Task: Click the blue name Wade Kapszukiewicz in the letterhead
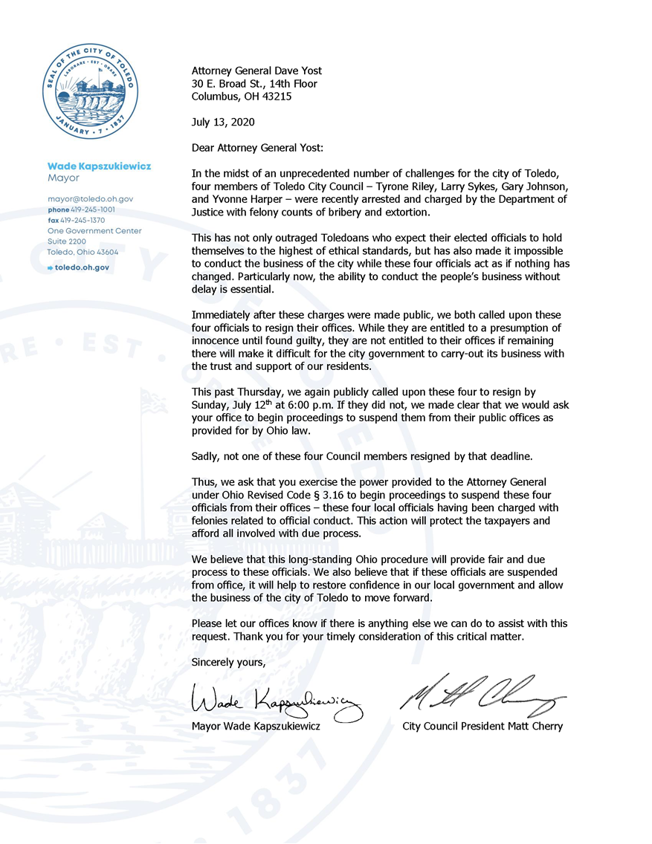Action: click(x=99, y=166)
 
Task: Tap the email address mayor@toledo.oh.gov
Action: click(x=90, y=199)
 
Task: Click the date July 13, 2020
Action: click(x=222, y=122)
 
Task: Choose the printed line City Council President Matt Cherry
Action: click(x=482, y=726)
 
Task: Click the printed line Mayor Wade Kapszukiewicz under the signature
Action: click(x=256, y=726)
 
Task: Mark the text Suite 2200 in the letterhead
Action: click(x=66, y=241)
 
